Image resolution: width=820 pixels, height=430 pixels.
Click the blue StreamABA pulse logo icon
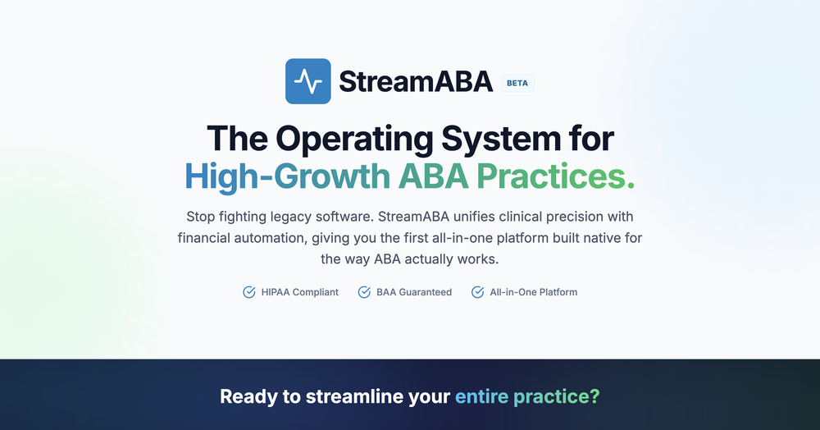pos(307,81)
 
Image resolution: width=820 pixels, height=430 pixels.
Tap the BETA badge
pos(517,83)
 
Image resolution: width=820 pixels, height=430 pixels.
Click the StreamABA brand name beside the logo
pos(415,82)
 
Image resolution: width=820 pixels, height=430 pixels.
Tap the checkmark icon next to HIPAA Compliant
pos(249,292)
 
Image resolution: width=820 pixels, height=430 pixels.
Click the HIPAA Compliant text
pos(300,292)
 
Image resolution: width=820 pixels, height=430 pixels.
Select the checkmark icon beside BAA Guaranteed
pos(364,292)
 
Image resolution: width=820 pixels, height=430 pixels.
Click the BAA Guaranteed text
pos(413,292)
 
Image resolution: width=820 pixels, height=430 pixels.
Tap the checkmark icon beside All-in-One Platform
pos(477,292)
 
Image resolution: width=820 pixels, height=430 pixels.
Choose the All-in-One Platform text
pos(533,292)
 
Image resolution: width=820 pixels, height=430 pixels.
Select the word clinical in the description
pos(514,217)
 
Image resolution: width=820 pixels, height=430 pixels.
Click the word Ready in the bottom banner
pos(248,397)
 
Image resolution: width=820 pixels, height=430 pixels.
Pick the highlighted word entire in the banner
pos(482,397)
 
